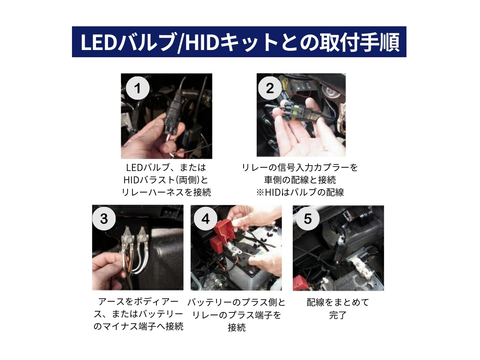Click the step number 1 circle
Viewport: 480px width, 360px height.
point(138,88)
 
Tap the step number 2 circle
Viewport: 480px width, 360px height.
point(270,88)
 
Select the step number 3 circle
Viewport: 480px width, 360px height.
point(104,219)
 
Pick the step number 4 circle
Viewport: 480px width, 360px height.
point(206,219)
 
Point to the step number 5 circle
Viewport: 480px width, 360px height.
point(308,219)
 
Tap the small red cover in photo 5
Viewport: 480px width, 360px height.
point(300,282)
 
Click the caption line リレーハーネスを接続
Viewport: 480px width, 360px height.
point(166,192)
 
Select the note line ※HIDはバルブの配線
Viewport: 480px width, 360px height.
point(300,192)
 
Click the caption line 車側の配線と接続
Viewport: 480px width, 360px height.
point(300,180)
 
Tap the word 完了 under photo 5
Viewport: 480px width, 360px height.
point(338,315)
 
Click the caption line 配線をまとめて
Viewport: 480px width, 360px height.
point(338,302)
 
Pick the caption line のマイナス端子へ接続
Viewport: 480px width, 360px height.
point(138,326)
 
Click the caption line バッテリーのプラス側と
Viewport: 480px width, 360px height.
point(236,302)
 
